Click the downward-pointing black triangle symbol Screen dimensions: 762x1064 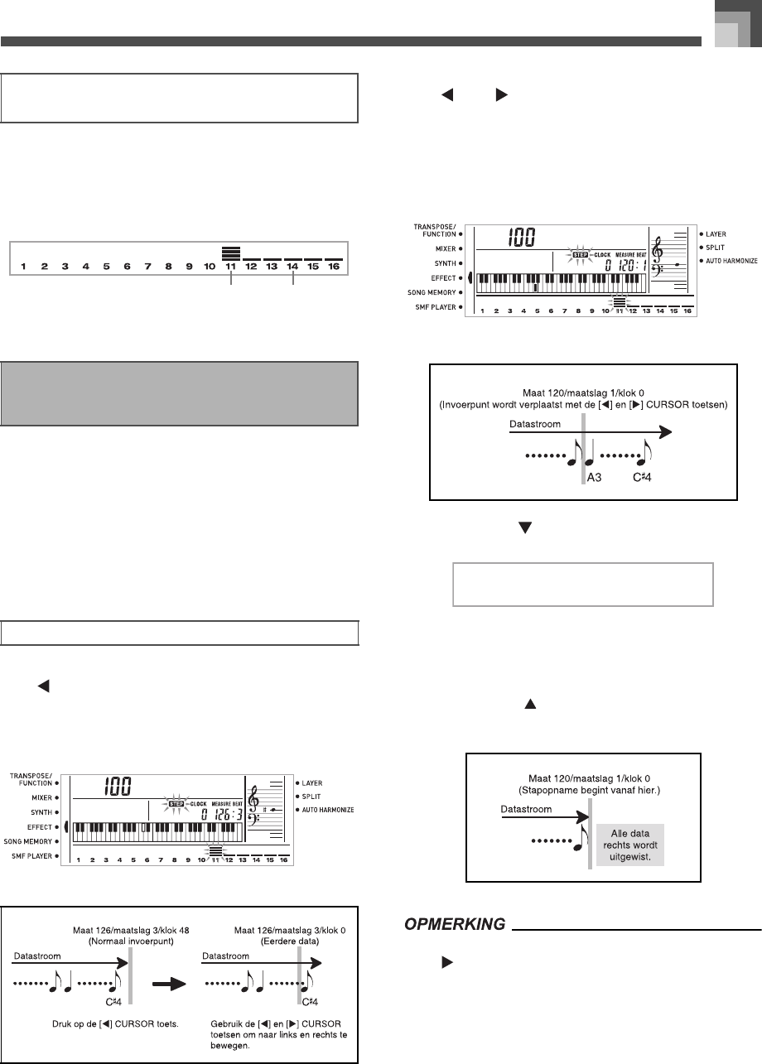(x=523, y=526)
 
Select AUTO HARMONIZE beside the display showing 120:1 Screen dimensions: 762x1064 (x=732, y=260)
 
